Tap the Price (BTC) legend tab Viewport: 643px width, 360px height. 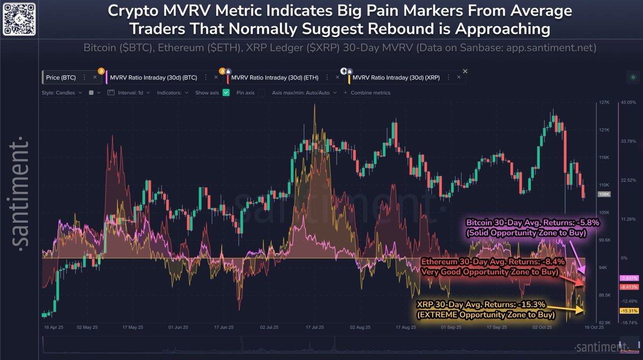62,78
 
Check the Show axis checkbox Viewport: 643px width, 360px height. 226,93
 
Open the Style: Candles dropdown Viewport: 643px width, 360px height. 61,93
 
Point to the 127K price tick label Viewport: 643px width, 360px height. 604,102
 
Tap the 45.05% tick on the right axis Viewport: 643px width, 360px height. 627,102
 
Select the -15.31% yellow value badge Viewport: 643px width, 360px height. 627,311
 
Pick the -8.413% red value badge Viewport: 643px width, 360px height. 627,287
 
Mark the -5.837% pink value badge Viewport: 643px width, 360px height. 627,278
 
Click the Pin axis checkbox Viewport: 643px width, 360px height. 261,93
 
